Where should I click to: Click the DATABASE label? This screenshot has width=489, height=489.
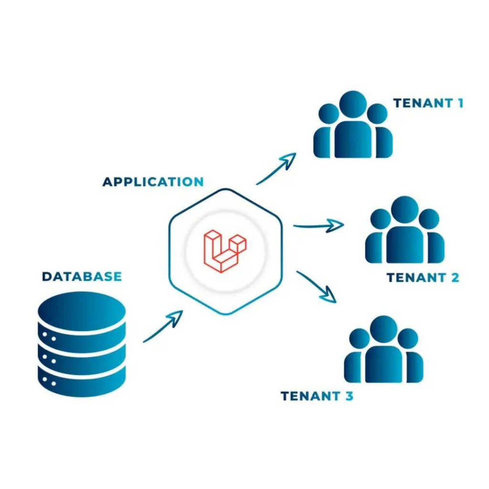click(x=82, y=276)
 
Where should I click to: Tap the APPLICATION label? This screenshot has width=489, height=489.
click(x=153, y=182)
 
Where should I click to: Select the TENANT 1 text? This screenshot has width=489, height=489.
click(x=428, y=103)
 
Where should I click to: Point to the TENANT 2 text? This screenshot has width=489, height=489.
click(x=423, y=277)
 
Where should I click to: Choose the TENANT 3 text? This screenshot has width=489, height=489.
click(x=317, y=396)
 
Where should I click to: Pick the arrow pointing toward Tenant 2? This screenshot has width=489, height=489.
click(x=318, y=225)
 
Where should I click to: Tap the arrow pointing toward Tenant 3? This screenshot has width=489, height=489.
click(x=317, y=287)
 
